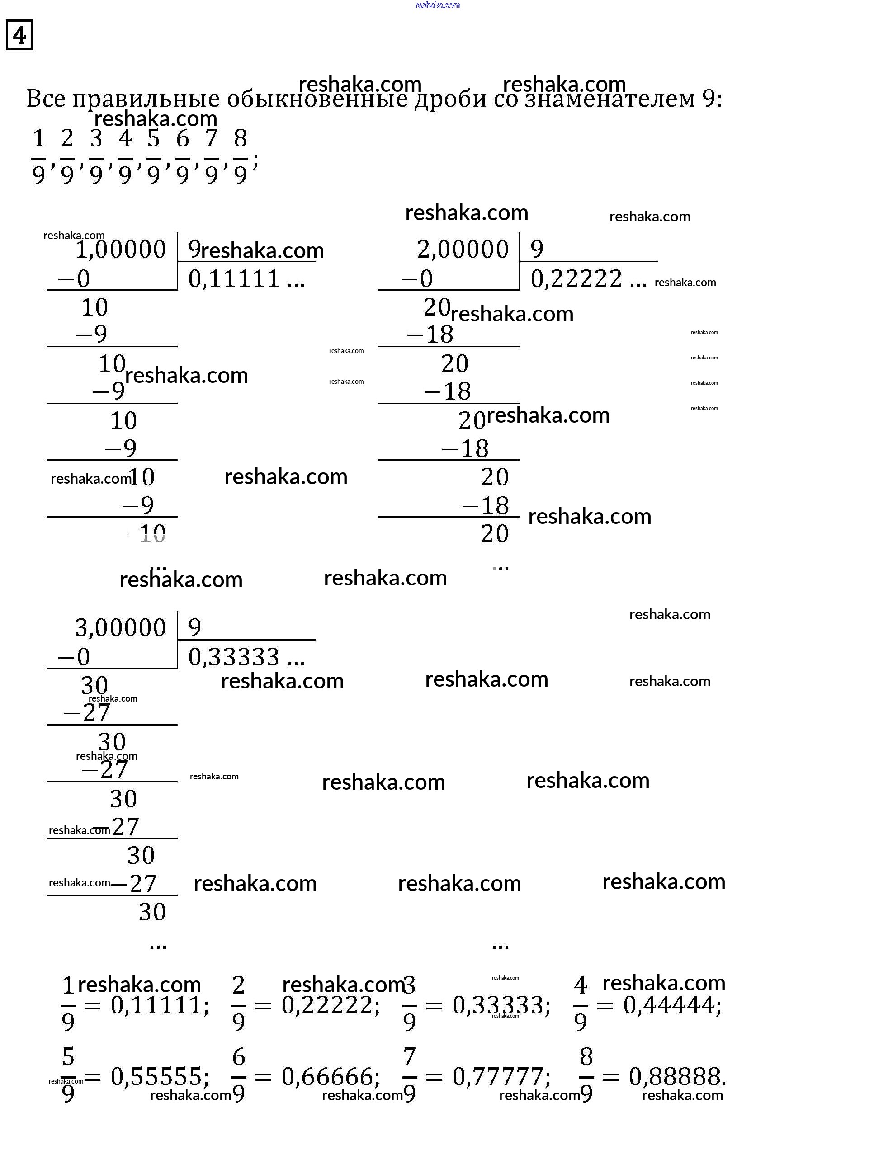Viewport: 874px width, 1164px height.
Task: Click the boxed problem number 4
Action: (19, 35)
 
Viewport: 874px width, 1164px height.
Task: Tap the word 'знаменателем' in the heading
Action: (610, 99)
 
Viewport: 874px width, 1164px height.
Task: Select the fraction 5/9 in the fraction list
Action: (153, 156)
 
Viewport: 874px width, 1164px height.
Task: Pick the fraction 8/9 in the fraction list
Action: (240, 156)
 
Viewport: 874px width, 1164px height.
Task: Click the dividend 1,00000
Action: (121, 249)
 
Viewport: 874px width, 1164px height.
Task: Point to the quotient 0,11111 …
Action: (246, 278)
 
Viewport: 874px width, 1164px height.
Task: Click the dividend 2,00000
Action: (463, 249)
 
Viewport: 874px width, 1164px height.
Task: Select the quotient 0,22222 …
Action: (588, 278)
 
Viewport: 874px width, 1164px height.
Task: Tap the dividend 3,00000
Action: (121, 627)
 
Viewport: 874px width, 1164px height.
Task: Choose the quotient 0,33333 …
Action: (246, 657)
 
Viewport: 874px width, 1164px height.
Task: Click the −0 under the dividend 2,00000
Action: (417, 278)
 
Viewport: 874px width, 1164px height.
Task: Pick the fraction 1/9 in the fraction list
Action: (38, 156)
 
